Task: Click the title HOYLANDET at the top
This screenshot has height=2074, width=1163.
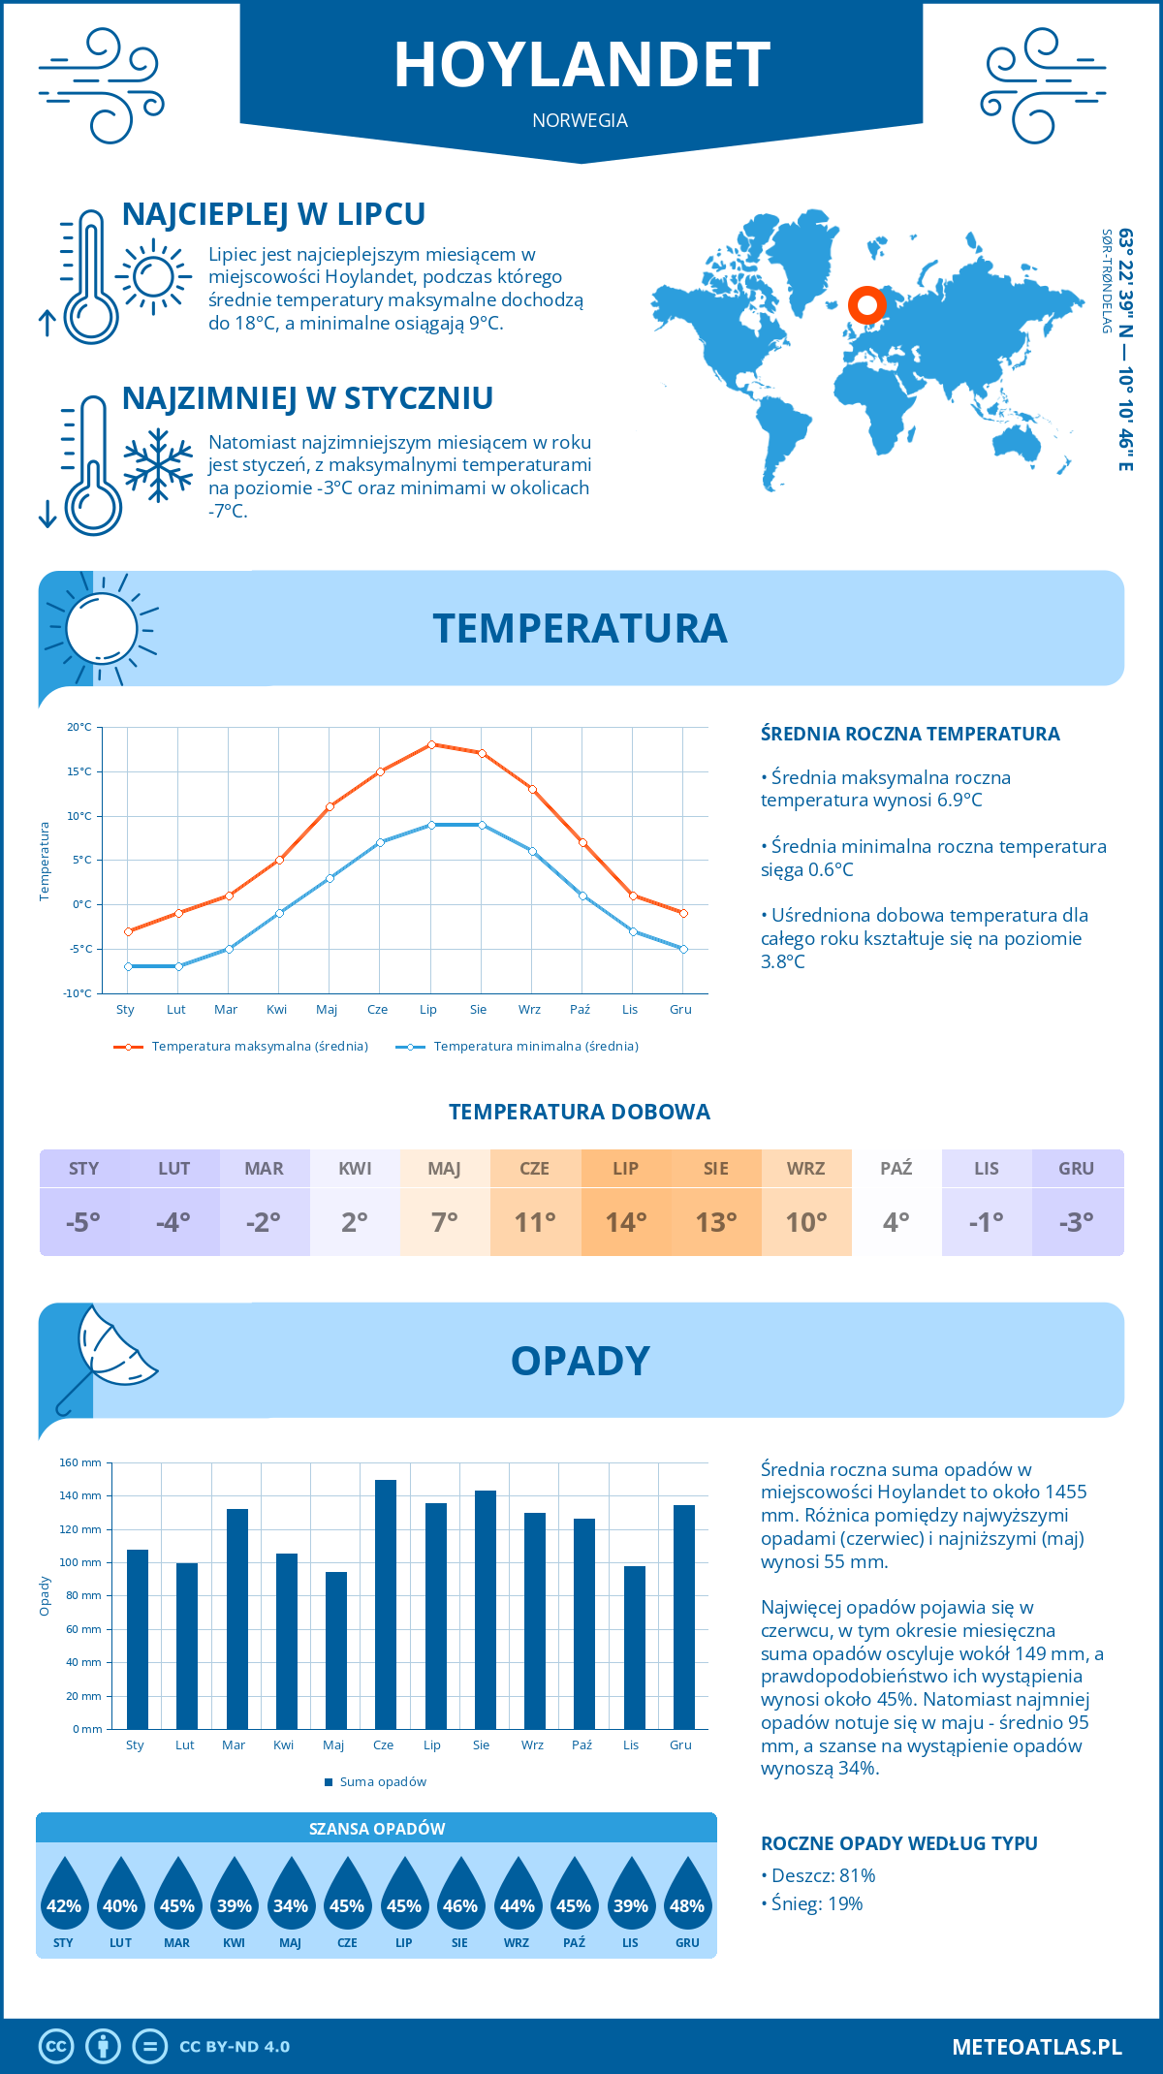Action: pyautogui.click(x=581, y=66)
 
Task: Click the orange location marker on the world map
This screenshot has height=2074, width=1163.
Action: pyautogui.click(x=866, y=305)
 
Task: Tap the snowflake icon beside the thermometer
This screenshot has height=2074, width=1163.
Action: pyautogui.click(x=158, y=465)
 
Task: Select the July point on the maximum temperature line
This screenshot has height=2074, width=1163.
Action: pyautogui.click(x=431, y=744)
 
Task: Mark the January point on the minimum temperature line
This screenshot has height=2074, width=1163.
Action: pyautogui.click(x=128, y=966)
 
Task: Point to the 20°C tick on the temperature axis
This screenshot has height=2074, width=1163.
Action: pyautogui.click(x=79, y=727)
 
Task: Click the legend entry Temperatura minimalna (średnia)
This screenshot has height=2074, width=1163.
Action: pyautogui.click(x=535, y=1047)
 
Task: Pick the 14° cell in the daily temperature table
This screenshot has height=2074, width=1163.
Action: pyautogui.click(x=626, y=1222)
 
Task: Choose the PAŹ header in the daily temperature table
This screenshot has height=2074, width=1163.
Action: pyautogui.click(x=896, y=1169)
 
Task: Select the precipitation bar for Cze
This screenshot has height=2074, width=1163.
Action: pyautogui.click(x=385, y=1604)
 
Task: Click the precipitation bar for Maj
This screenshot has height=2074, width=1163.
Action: pyautogui.click(x=335, y=1650)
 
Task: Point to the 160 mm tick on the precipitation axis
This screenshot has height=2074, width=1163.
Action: pyautogui.click(x=81, y=1462)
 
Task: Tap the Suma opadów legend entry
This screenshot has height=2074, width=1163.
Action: pyautogui.click(x=382, y=1781)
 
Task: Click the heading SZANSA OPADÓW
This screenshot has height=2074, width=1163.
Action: pyautogui.click(x=377, y=1829)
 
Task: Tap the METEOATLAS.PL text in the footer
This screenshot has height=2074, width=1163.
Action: pyautogui.click(x=1036, y=2047)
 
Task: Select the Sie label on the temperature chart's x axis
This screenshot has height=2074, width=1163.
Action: pyautogui.click(x=479, y=1010)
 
